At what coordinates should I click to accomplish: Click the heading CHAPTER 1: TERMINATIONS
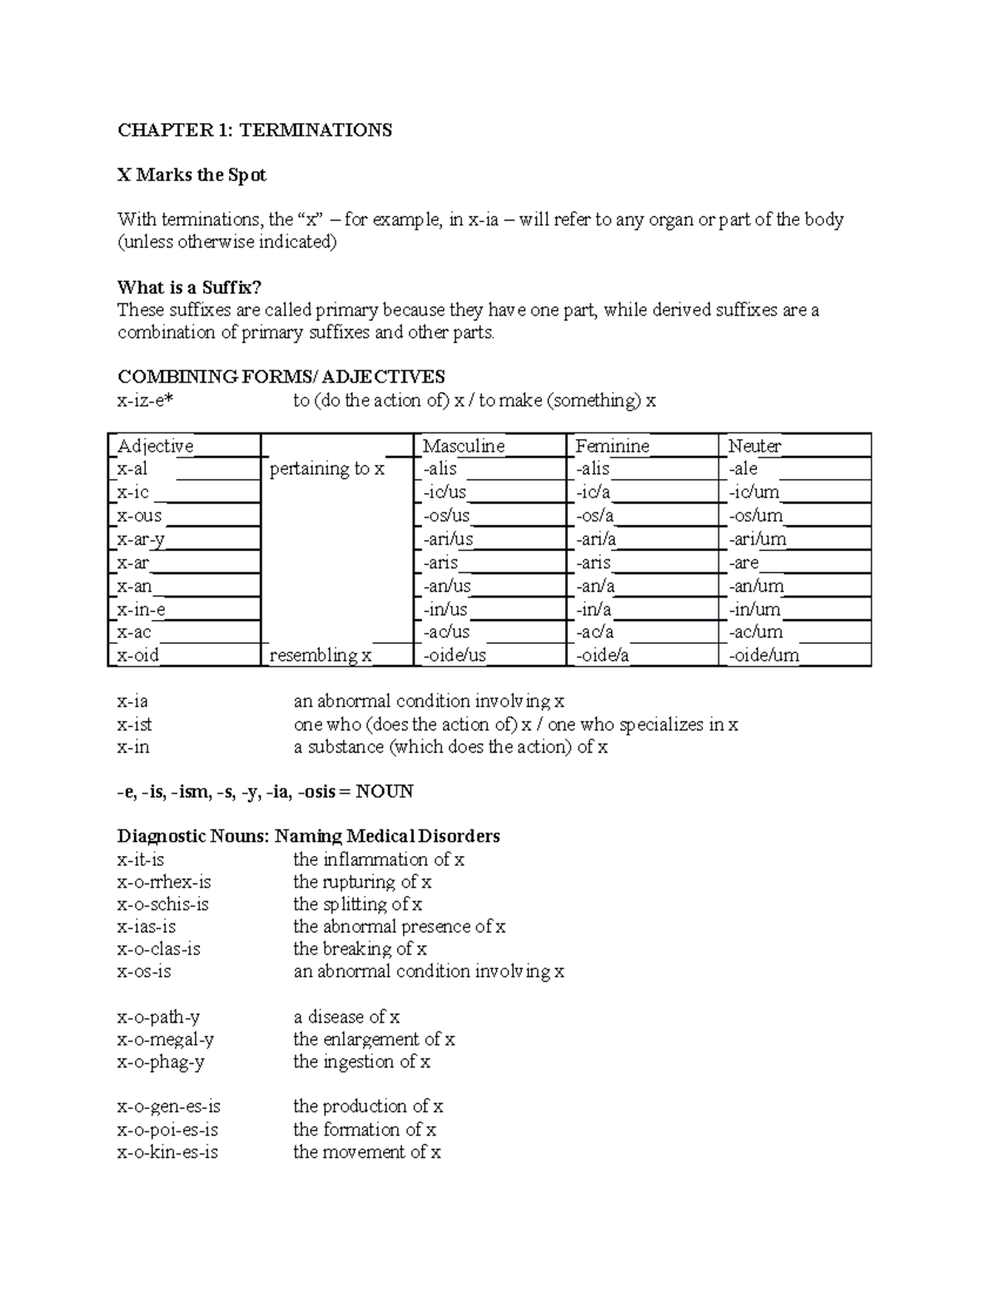[254, 130]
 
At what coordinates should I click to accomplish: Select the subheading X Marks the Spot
[191, 175]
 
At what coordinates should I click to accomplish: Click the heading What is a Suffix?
[189, 288]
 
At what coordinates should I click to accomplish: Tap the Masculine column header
[464, 446]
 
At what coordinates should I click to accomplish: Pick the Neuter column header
[754, 446]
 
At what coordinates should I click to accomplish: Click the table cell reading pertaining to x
[327, 469]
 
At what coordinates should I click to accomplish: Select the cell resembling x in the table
[321, 656]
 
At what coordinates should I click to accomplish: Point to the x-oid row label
[138, 656]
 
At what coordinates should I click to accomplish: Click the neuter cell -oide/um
[763, 656]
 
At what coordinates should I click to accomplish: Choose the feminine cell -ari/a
[595, 539]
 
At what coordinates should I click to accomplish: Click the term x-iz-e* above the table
[147, 401]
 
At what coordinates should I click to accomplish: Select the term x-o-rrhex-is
[164, 882]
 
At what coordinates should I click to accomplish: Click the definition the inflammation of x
[379, 859]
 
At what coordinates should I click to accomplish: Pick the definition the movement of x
[366, 1152]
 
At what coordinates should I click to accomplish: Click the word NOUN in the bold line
[384, 791]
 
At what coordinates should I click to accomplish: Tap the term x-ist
[135, 725]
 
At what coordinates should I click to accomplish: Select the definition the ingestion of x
[361, 1062]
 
